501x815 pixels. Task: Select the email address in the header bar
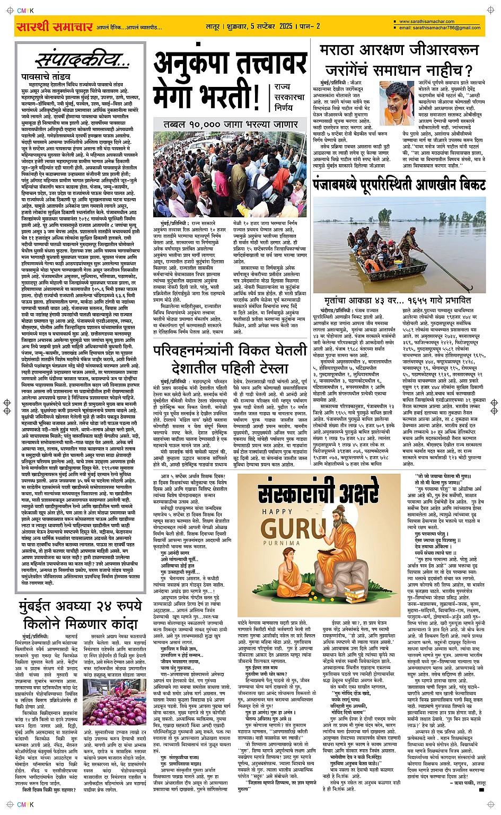click(440, 28)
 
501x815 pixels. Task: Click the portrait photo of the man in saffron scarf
click(397, 99)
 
